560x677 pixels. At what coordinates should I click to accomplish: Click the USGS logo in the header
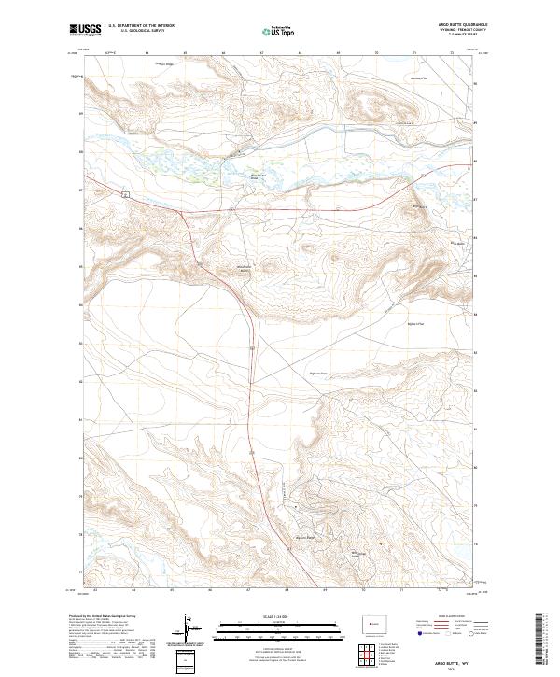pyautogui.click(x=86, y=31)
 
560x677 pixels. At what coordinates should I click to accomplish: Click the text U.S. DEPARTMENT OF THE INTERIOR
pyautogui.click(x=141, y=26)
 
